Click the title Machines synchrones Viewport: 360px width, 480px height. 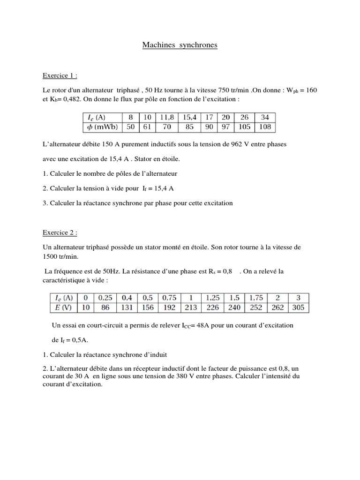tap(180, 45)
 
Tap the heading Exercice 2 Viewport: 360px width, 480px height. tap(60, 232)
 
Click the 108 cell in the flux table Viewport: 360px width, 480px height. tap(265, 127)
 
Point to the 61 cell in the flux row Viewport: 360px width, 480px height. tap(147, 127)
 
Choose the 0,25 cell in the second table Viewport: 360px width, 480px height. tap(105, 298)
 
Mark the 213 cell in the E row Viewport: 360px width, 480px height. tap(191, 307)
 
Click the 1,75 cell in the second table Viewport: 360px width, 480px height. tap(256, 298)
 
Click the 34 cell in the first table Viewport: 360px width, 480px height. tap(265, 117)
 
